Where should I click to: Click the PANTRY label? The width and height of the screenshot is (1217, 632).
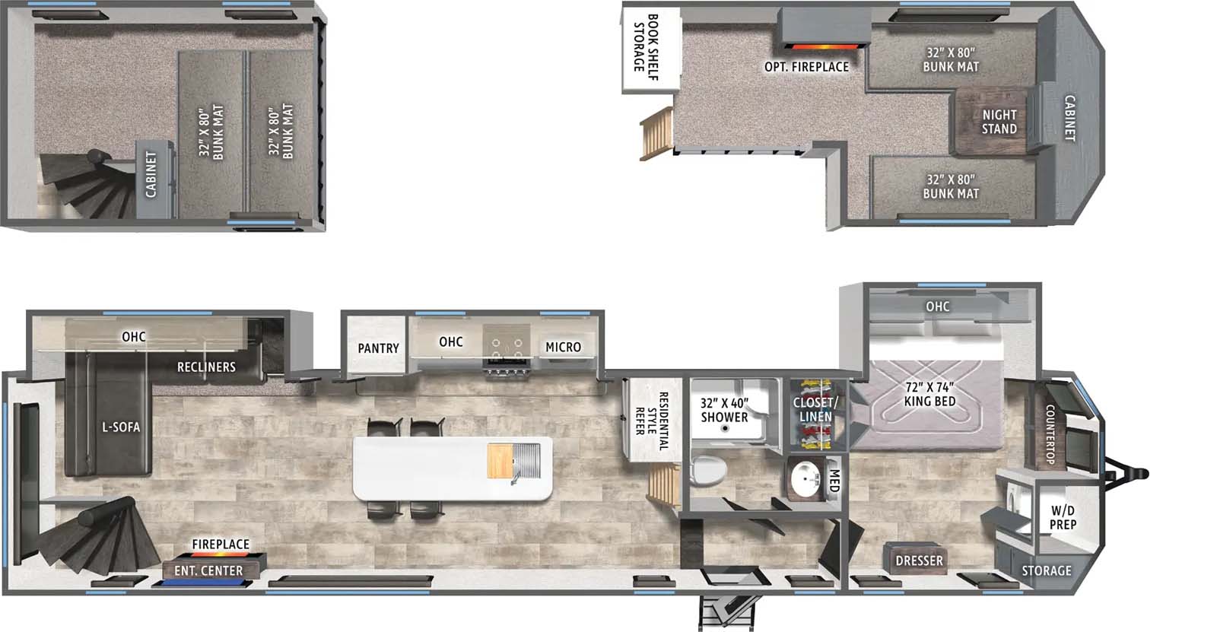378,348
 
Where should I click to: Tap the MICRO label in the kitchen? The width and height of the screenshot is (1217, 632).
563,347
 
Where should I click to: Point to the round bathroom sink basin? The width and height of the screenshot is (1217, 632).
806,479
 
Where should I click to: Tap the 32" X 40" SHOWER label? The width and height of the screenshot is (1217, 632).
724,410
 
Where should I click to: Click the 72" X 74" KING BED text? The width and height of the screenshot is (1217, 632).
929,395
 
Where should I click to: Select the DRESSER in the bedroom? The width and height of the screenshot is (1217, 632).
920,560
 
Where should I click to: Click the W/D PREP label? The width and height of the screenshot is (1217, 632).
1063,517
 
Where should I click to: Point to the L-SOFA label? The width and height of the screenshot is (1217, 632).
121,427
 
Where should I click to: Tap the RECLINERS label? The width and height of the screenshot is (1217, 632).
206,367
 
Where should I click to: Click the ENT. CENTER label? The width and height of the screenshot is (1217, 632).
208,570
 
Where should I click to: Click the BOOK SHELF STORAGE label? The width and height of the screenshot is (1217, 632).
646,47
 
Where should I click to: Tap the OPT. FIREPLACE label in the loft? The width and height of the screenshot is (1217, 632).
806,67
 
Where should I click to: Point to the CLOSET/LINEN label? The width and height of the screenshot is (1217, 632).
815,409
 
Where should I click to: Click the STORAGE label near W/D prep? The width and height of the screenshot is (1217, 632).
1047,570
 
